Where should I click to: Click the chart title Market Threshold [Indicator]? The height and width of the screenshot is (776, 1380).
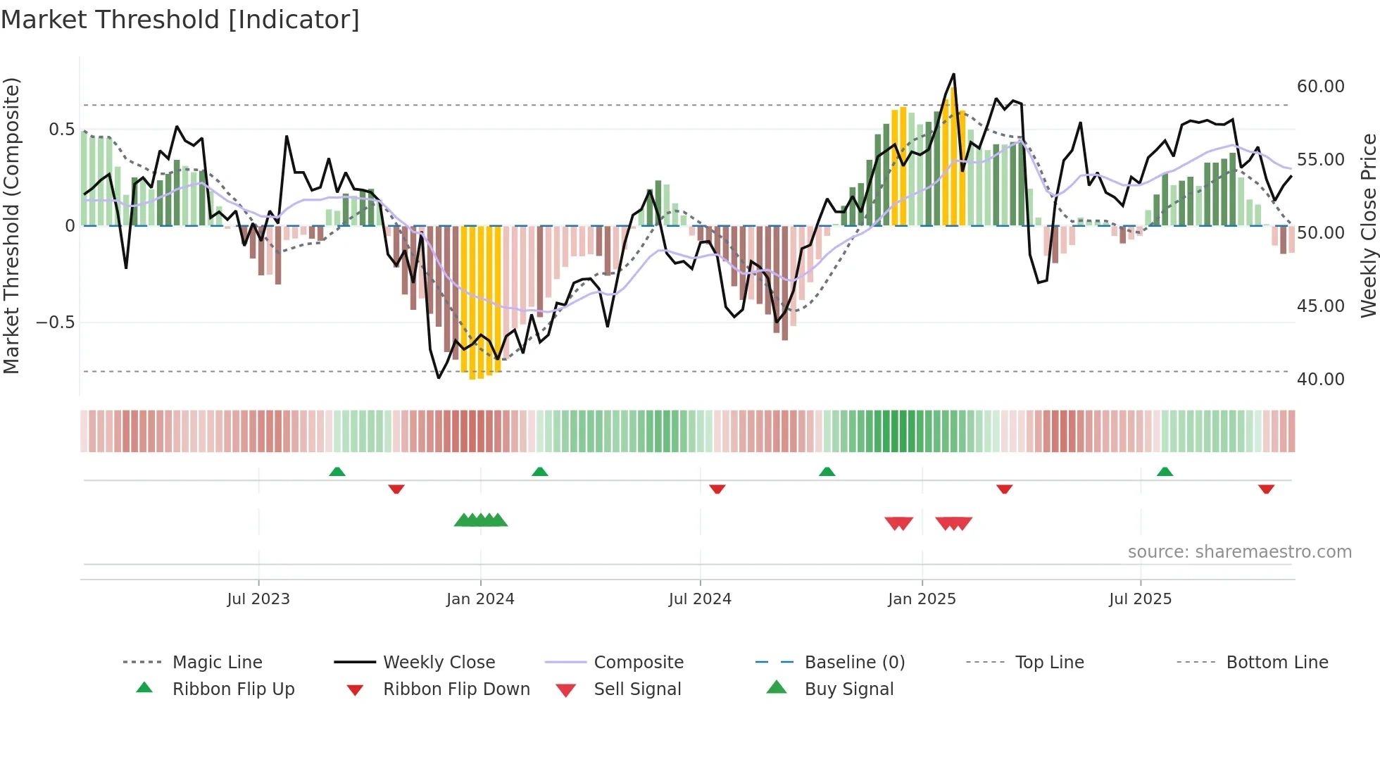180,20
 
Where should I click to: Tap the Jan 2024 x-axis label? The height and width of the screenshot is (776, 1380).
480,599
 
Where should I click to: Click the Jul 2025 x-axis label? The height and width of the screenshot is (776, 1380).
1140,599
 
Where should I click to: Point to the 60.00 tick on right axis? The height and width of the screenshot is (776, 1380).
1320,86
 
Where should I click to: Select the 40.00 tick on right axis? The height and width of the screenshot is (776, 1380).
1320,379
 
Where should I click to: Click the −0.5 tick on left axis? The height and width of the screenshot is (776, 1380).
55,322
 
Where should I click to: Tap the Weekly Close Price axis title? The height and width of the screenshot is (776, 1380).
1368,225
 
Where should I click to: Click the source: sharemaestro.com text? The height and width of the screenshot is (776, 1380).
1239,551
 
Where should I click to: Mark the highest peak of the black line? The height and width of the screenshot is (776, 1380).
953,74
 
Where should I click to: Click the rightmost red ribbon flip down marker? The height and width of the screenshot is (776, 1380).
1266,489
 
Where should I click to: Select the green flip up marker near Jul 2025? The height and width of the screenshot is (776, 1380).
1165,472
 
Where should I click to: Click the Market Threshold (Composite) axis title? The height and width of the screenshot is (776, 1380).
11,225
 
